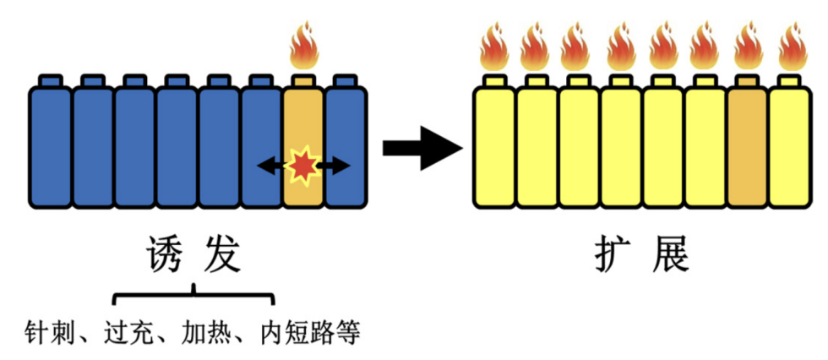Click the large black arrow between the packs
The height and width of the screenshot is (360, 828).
(x=422, y=149)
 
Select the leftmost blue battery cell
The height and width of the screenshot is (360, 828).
(x=50, y=144)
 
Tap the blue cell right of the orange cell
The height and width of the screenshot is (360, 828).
(x=346, y=118)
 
